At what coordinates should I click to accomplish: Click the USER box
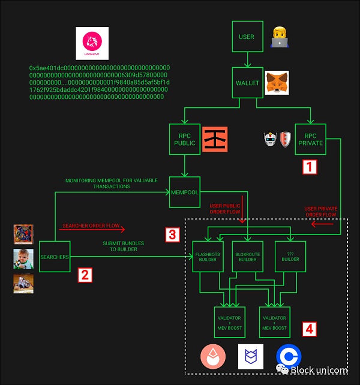pos(247,37)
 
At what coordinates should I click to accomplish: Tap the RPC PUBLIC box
pos(185,139)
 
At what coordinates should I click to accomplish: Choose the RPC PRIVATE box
pos(310,139)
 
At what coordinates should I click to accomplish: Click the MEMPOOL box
pos(185,192)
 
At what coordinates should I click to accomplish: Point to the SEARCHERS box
pos(55,257)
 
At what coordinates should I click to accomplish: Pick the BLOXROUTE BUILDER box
pos(248,256)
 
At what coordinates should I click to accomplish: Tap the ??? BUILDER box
pos(290,256)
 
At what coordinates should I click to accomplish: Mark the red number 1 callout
pos(308,167)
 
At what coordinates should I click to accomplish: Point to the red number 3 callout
pos(172,234)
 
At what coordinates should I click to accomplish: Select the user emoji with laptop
pos(280,37)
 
